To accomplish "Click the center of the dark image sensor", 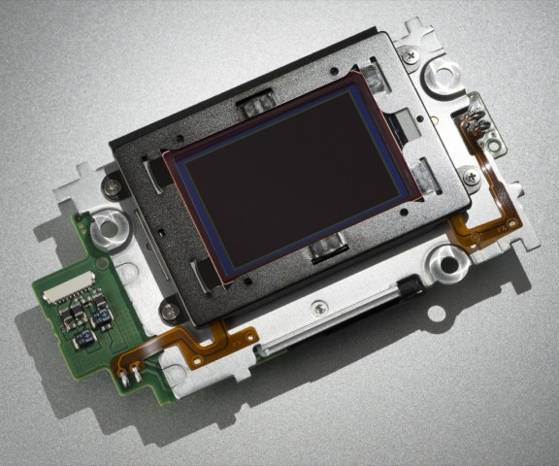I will [286, 173].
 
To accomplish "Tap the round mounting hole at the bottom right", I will [448, 257].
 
